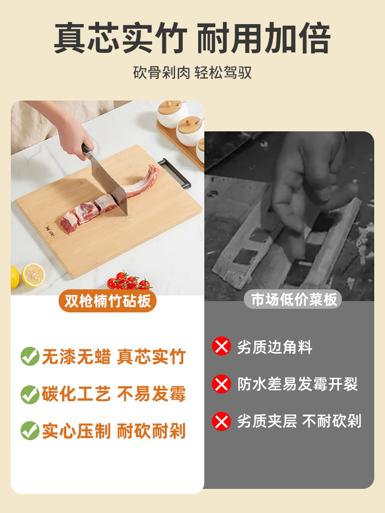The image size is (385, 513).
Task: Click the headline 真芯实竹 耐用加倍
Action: pyautogui.click(x=192, y=39)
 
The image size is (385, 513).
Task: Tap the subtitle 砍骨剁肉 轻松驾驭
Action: pyautogui.click(x=192, y=72)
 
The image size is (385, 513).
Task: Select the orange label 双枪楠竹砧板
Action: pyautogui.click(x=107, y=301)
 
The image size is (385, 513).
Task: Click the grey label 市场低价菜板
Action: pyautogui.click(x=294, y=299)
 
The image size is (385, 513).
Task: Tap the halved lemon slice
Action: pyautogui.click(x=33, y=274)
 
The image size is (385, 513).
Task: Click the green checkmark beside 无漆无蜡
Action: pyautogui.click(x=30, y=357)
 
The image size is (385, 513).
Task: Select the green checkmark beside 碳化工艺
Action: pyautogui.click(x=30, y=394)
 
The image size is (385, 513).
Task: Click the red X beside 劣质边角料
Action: pyautogui.click(x=222, y=347)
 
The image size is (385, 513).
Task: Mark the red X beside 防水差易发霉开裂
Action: pyautogui.click(x=222, y=384)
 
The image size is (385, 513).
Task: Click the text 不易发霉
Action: pyautogui.click(x=151, y=394)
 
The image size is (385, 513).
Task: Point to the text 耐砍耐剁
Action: pyautogui.click(x=151, y=431)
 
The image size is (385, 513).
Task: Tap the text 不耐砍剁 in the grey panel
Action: pyautogui.click(x=332, y=422)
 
